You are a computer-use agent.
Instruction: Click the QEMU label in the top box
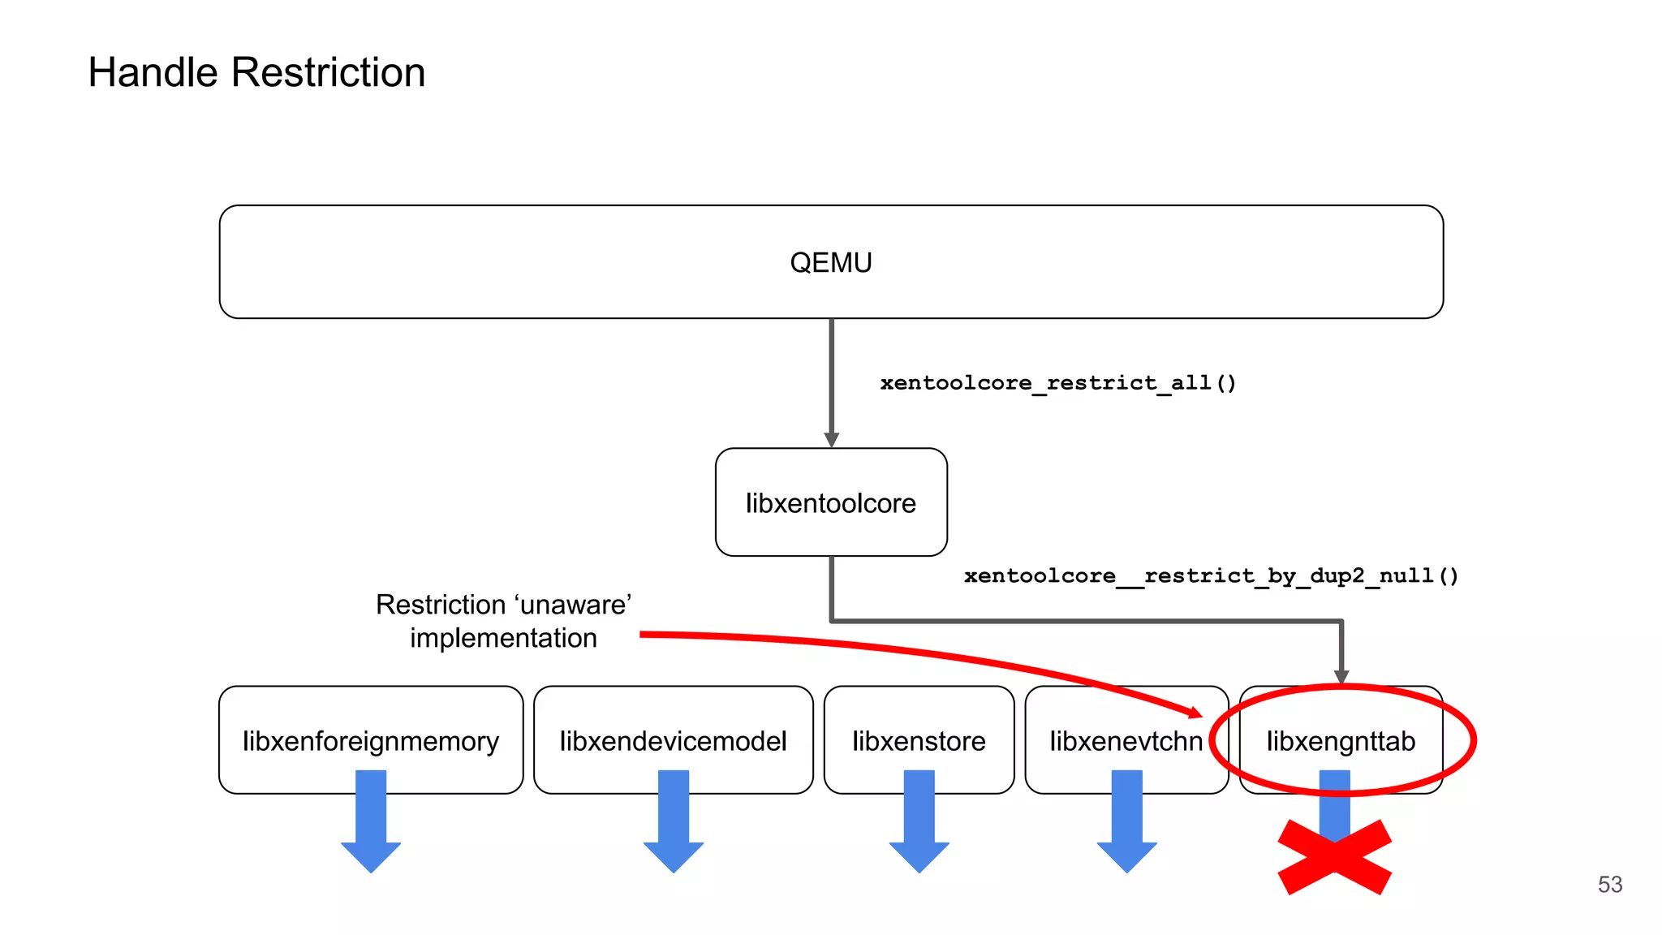[830, 263]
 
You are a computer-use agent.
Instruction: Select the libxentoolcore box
[830, 502]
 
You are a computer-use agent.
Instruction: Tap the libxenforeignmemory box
[370, 741]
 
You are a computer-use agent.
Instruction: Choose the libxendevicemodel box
[673, 741]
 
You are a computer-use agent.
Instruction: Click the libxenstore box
[919, 741]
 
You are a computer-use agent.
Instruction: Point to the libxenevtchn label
[1125, 741]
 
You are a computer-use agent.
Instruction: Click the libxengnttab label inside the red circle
[1341, 741]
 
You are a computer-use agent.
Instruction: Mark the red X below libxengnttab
[1335, 857]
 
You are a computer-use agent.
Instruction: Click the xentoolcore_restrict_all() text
[1057, 382]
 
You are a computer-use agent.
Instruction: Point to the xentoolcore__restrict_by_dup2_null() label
[1211, 575]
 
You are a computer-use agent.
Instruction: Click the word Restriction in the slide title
[328, 72]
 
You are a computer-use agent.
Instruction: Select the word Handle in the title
[153, 72]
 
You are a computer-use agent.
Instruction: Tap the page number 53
[1609, 884]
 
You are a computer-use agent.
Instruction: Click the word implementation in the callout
[503, 638]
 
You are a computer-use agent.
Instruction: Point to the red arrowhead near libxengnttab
[1195, 713]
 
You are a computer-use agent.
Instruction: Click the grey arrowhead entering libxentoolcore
[831, 439]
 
